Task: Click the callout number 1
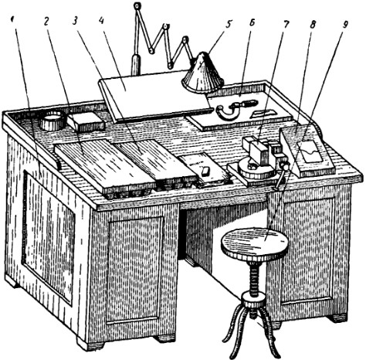12,20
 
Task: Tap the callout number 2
46,22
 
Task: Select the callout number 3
75,21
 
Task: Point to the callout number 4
101,21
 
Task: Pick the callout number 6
252,22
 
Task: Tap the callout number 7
286,25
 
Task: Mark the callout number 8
313,25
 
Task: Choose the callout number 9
345,25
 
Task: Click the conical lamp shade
203,73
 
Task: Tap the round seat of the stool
254,243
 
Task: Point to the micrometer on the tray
234,108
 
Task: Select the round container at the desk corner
53,121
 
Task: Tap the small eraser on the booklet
206,172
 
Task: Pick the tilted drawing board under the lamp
154,95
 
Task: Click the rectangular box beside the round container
86,121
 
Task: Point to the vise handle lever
281,176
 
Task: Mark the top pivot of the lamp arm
137,5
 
